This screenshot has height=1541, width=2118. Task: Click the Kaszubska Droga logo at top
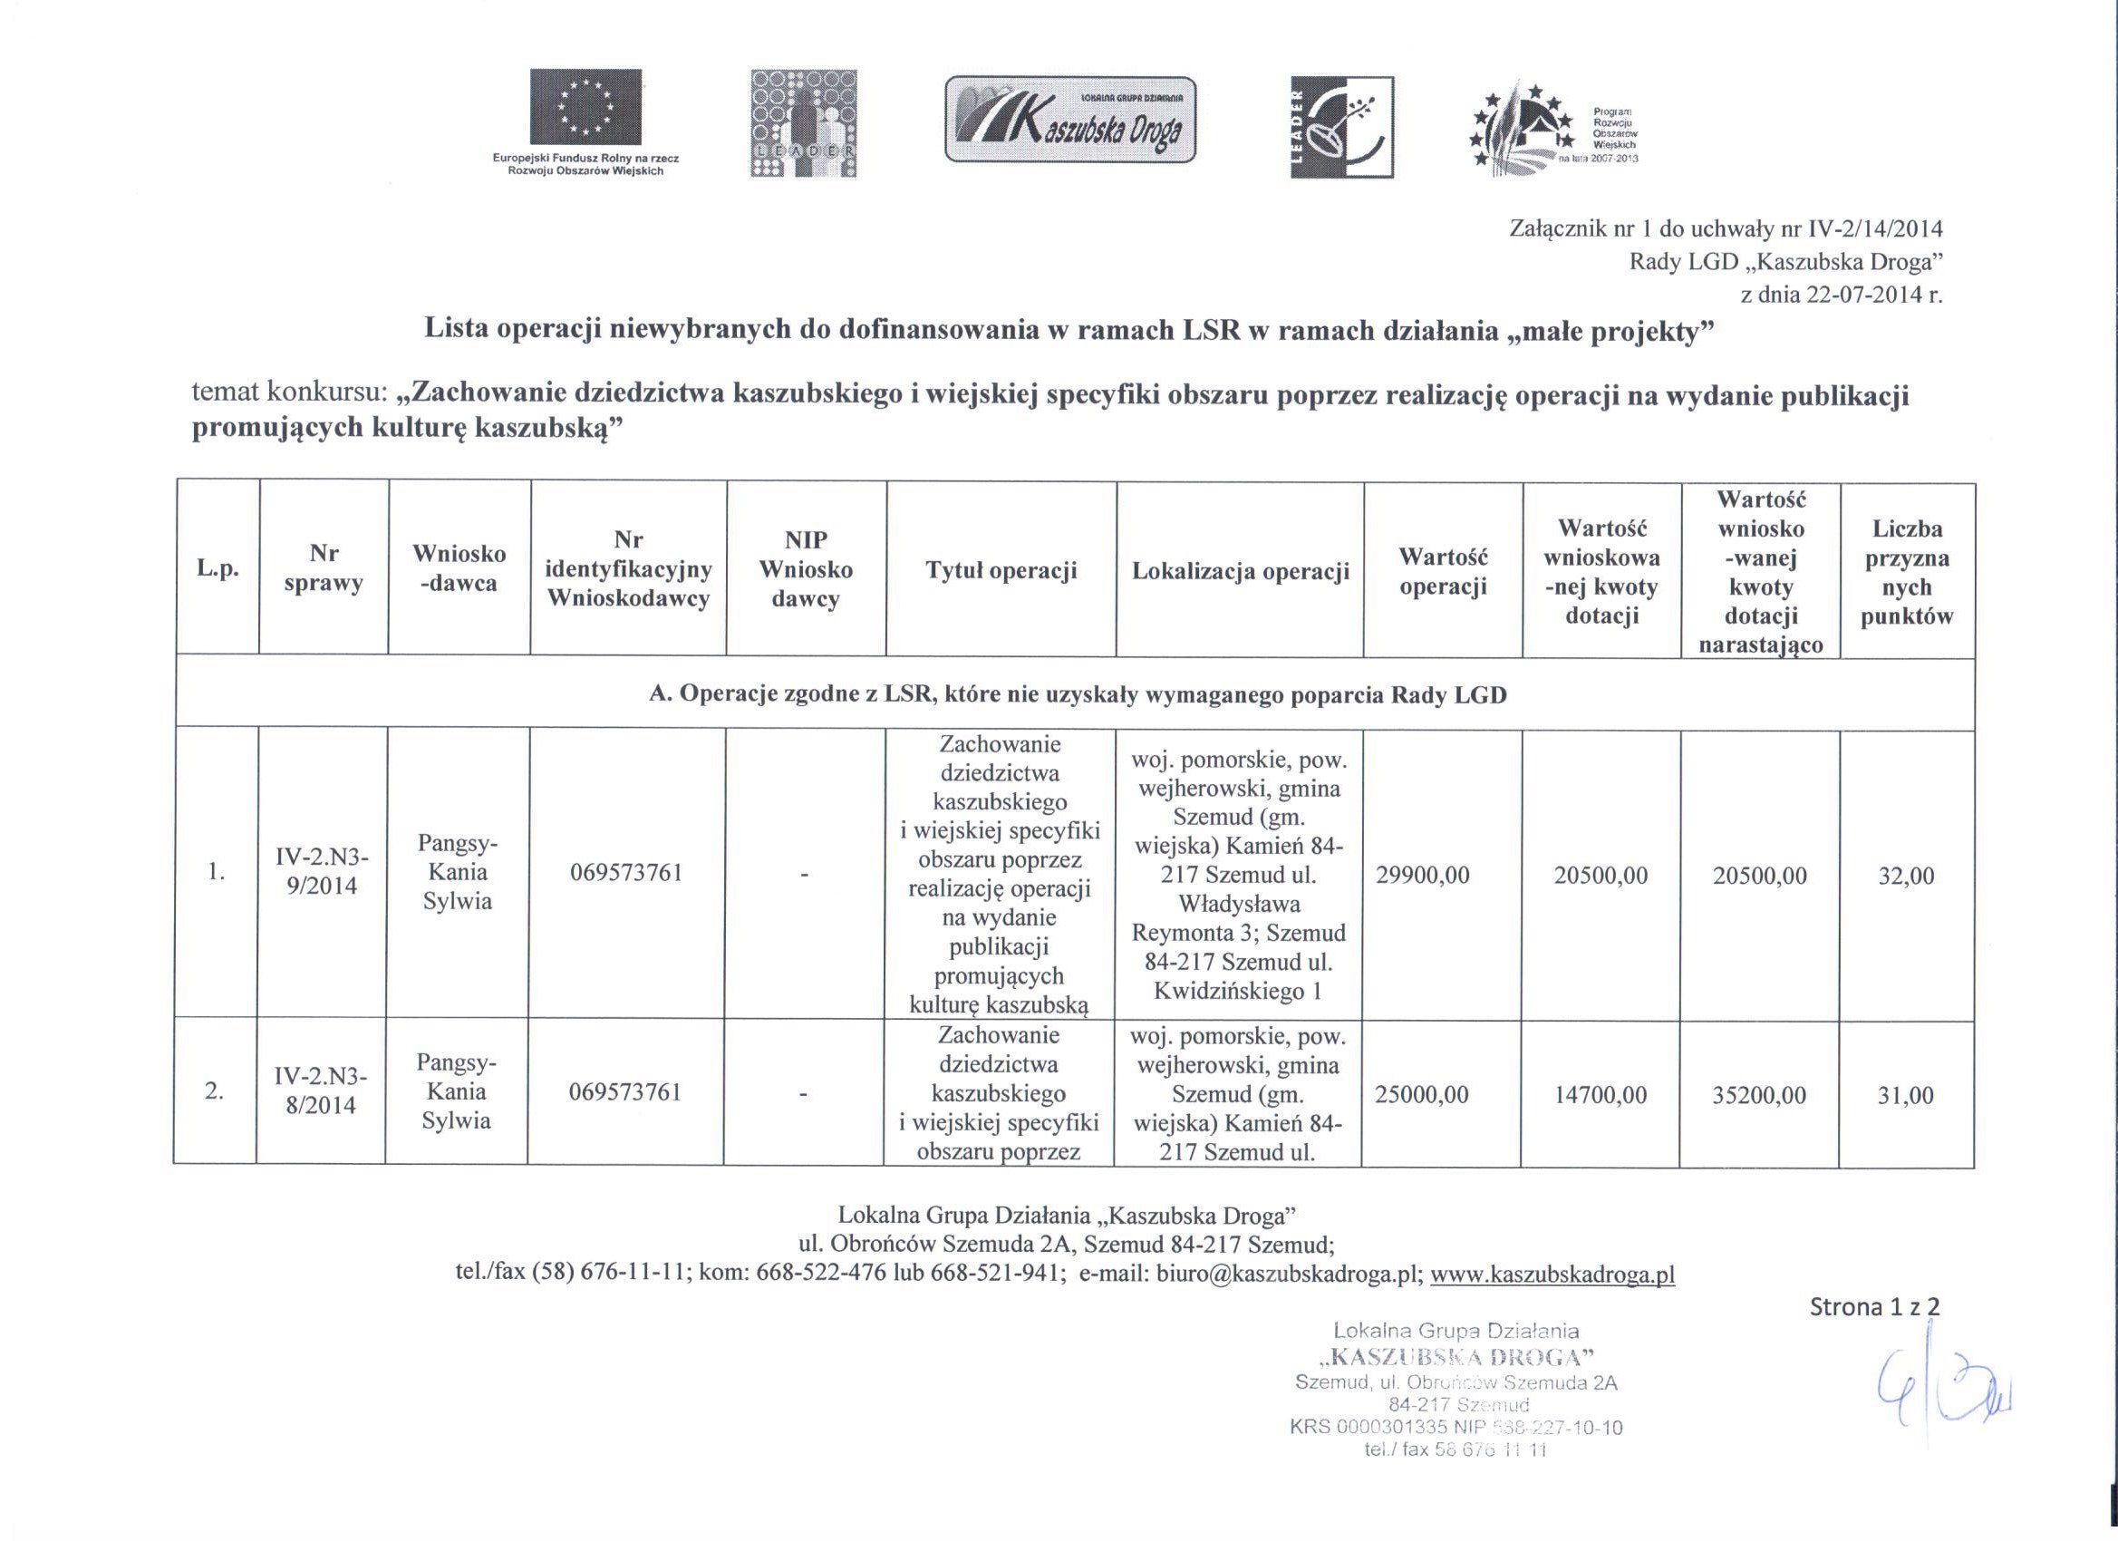pos(1070,120)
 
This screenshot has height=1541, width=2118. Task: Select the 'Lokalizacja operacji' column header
pos(1240,571)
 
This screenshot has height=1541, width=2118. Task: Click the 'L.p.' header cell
pos(218,569)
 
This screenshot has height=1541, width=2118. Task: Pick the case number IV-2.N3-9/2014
pos(322,871)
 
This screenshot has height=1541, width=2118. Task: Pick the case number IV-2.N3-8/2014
pos(320,1090)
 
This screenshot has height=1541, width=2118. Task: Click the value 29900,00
pos(1423,875)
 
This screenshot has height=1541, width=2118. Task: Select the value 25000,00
pos(1421,1095)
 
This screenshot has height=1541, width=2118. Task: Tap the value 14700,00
pos(1601,1095)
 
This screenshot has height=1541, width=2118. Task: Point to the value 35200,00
pos(1759,1095)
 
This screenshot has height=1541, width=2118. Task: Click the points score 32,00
pos(1906,875)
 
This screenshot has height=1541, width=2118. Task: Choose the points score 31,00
pos(1905,1095)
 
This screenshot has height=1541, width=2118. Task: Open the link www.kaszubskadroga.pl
pos(1552,1274)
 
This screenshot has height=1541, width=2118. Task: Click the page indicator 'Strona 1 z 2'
pos(1874,1306)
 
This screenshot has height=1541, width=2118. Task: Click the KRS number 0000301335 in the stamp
pos(1388,1428)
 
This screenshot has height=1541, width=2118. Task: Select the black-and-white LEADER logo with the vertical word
pos(1341,127)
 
